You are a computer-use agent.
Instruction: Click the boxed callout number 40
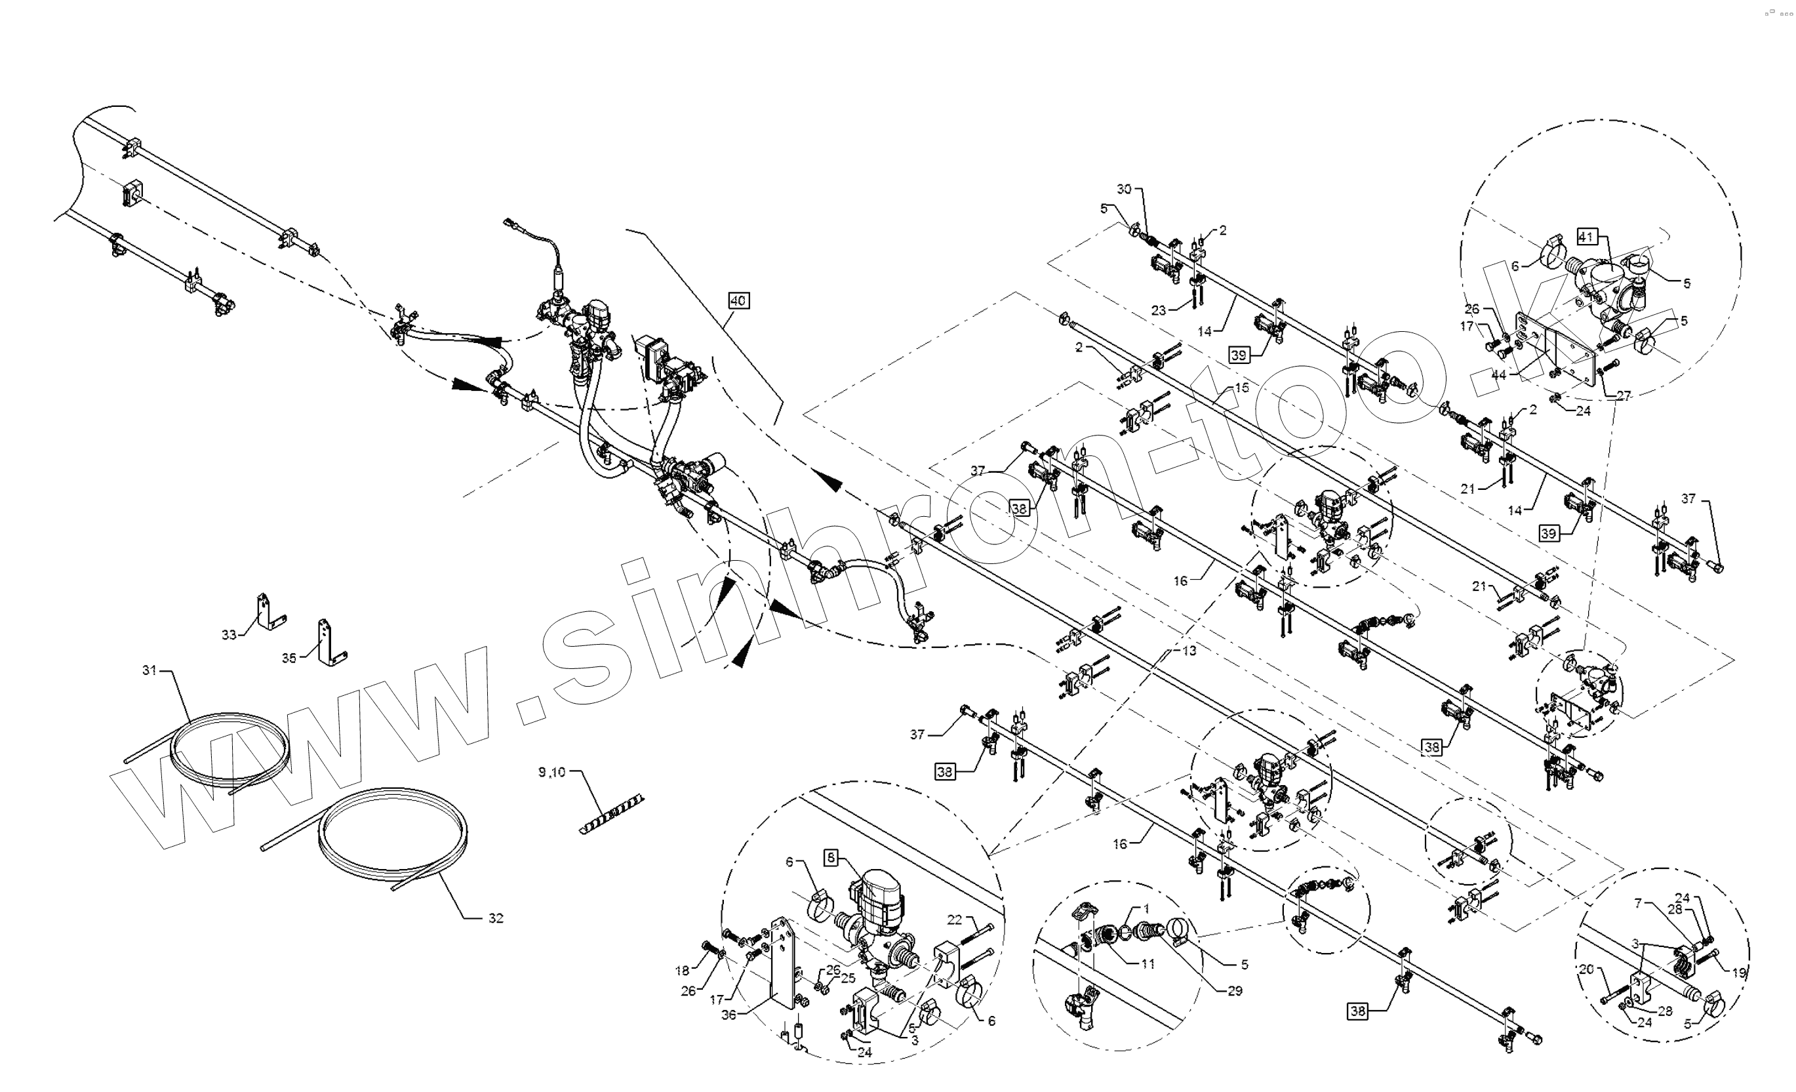pyautogui.click(x=738, y=300)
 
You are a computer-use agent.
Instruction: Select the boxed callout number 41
pyautogui.click(x=1587, y=236)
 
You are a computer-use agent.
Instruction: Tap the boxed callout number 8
pyautogui.click(x=831, y=857)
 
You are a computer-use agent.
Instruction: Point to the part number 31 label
pyautogui.click(x=150, y=670)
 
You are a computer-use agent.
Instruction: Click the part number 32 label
pyautogui.click(x=496, y=918)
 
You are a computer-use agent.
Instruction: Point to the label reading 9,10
pyautogui.click(x=551, y=772)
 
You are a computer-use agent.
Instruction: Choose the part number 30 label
pyautogui.click(x=1124, y=189)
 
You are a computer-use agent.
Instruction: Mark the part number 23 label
pyautogui.click(x=1159, y=310)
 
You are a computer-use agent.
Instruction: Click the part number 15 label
pyautogui.click(x=1242, y=387)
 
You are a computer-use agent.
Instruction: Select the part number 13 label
pyautogui.click(x=1189, y=650)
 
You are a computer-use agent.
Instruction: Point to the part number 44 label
pyautogui.click(x=1498, y=374)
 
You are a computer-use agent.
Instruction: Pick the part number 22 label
pyautogui.click(x=955, y=920)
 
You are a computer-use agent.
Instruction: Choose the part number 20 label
pyautogui.click(x=1587, y=969)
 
